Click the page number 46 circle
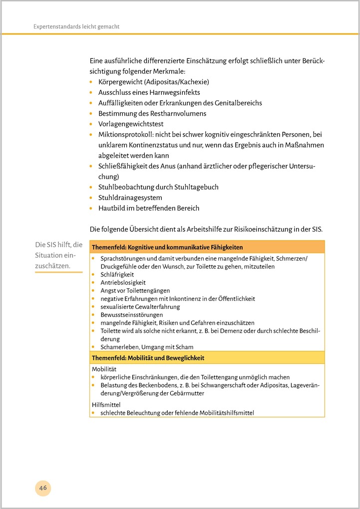click(43, 488)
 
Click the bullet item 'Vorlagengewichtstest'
click(131, 124)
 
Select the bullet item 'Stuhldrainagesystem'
click(130, 198)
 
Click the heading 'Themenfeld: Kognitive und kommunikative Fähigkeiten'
click(167, 247)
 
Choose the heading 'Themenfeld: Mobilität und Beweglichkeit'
click(148, 358)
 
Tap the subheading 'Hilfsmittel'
click(106, 405)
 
